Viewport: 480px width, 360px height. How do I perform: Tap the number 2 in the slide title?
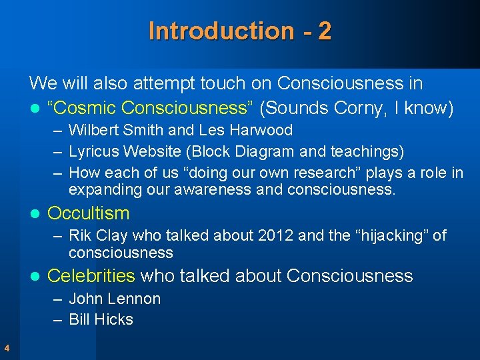[325, 31]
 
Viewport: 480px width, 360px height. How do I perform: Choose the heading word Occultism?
[89, 213]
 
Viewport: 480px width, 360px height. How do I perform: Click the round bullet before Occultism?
[35, 214]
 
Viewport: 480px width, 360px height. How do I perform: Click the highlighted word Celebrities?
[91, 275]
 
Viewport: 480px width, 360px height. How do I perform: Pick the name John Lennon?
[115, 299]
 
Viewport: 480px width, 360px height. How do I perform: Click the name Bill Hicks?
[101, 319]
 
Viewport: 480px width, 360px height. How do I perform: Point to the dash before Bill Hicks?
[59, 319]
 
